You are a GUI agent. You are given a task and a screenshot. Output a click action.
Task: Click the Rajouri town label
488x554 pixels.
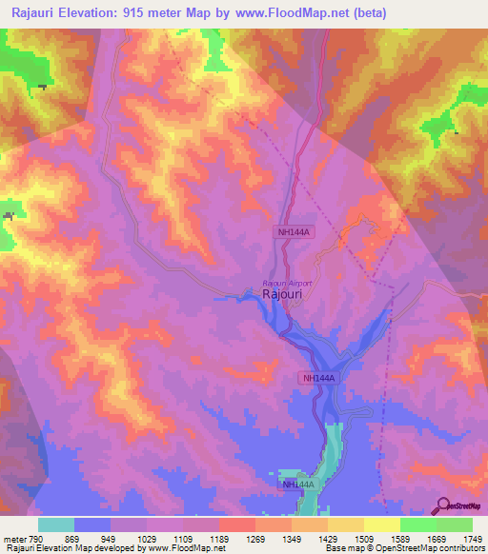point(283,296)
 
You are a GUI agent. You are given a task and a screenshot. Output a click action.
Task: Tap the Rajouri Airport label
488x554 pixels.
point(287,283)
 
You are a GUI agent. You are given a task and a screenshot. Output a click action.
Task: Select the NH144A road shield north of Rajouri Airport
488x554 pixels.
point(293,231)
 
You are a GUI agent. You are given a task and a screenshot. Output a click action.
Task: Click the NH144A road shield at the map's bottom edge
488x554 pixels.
point(296,485)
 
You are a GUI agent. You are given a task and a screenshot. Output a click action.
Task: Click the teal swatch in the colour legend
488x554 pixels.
point(55,524)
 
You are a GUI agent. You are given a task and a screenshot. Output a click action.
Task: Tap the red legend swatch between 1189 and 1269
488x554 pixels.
point(236,524)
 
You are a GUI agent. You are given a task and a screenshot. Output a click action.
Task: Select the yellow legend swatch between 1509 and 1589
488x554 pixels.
point(381,524)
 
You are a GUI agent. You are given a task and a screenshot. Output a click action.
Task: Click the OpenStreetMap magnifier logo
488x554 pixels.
point(443,506)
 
